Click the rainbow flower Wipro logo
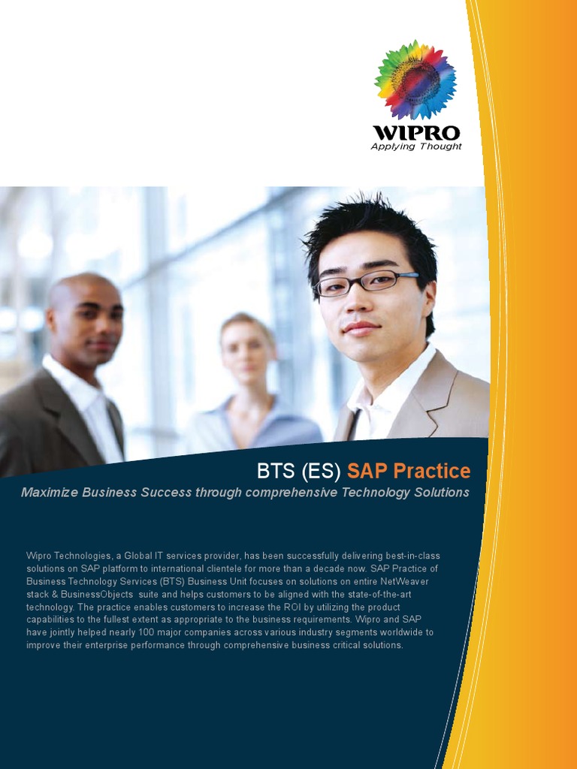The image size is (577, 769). tap(415, 80)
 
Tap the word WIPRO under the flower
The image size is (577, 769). tap(416, 133)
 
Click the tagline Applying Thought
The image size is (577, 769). tap(416, 146)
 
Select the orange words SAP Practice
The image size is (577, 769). tap(409, 472)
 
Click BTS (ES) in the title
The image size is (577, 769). tap(299, 472)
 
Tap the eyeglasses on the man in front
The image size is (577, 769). tap(364, 282)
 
